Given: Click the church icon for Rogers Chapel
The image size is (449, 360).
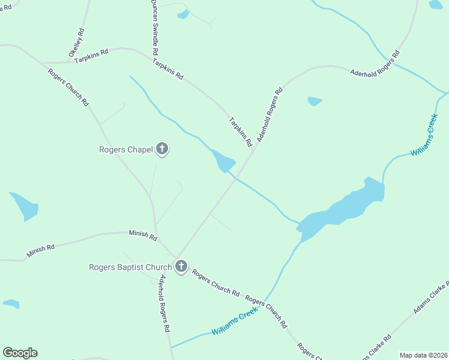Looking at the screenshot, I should click(x=161, y=149).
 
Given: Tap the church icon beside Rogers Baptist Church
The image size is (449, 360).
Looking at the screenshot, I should click(x=181, y=266).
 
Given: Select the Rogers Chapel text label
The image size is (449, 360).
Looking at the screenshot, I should click(x=126, y=149).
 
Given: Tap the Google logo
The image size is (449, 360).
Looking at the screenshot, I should click(x=20, y=353).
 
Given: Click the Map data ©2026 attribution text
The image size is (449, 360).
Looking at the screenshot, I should click(x=424, y=355).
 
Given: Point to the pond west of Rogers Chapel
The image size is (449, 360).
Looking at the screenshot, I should click(x=25, y=206).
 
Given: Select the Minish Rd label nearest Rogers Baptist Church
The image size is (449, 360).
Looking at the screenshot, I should click(x=142, y=235).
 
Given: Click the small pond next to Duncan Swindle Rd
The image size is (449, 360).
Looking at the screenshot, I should click(x=183, y=14).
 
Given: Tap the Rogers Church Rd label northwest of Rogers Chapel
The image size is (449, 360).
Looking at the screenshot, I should click(x=68, y=86).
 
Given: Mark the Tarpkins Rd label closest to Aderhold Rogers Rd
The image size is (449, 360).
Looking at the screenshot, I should click(x=239, y=132).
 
